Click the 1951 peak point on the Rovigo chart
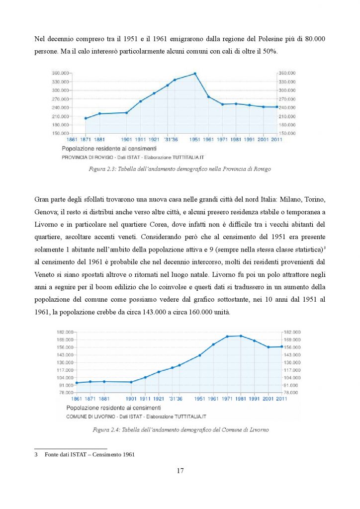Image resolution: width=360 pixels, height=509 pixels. (x=195, y=74)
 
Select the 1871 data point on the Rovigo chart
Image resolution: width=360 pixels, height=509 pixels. (x=86, y=118)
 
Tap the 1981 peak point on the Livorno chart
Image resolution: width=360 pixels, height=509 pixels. (x=241, y=336)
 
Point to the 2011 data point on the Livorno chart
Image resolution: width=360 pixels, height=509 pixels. (x=282, y=346)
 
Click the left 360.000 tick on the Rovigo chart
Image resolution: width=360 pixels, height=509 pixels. (x=60, y=73)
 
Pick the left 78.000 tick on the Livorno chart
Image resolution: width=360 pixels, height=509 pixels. (x=65, y=393)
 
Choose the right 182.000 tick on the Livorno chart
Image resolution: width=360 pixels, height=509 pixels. (x=292, y=332)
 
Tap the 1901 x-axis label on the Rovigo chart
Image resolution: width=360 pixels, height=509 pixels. (x=126, y=140)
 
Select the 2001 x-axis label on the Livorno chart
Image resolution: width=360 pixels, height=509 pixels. (x=268, y=399)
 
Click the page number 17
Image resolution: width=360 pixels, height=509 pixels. (x=180, y=471)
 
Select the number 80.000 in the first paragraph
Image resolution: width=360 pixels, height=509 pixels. (x=315, y=39)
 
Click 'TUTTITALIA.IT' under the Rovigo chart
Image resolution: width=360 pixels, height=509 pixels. (x=188, y=158)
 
